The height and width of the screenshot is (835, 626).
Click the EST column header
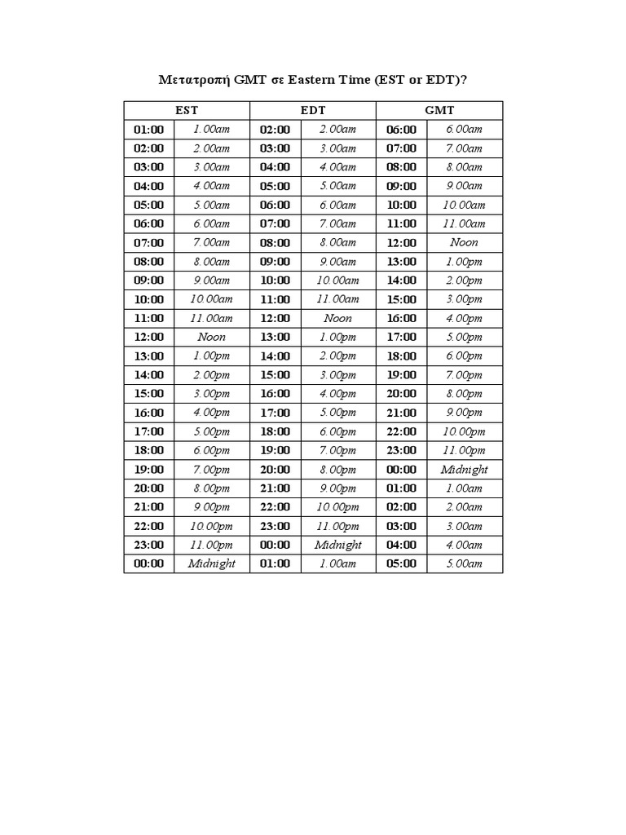(187, 110)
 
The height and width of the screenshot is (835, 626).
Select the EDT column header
(313, 110)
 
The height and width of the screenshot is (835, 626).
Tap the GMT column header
(439, 110)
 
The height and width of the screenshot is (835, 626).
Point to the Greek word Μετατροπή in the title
(193, 81)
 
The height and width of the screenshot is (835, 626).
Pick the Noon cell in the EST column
(212, 337)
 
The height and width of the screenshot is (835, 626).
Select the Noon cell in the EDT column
(338, 318)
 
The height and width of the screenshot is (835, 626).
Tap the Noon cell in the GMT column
(464, 242)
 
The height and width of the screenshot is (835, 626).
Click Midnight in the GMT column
(464, 470)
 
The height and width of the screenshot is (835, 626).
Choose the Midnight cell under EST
(212, 563)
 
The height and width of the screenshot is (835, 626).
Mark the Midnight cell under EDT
(338, 545)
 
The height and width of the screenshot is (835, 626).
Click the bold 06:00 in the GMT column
(401, 129)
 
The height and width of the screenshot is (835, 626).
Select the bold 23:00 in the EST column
(149, 545)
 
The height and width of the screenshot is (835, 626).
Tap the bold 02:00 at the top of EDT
(275, 129)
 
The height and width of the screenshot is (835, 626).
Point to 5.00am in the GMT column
(464, 563)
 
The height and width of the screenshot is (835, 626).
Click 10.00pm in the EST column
(212, 526)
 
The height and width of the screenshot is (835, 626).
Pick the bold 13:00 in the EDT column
(275, 337)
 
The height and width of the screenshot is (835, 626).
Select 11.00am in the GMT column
(464, 223)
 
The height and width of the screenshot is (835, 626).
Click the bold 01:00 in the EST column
(149, 129)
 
